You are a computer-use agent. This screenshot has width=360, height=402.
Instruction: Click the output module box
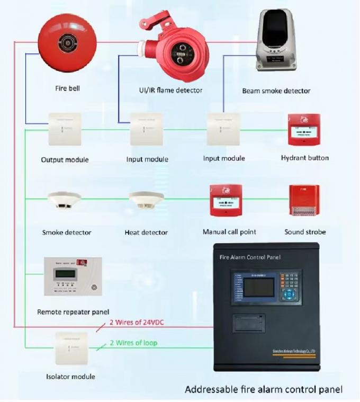click(x=65, y=129)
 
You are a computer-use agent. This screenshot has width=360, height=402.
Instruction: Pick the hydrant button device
click(x=304, y=130)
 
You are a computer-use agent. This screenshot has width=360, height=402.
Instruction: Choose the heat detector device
click(x=146, y=200)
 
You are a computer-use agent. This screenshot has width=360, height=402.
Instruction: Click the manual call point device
click(x=226, y=200)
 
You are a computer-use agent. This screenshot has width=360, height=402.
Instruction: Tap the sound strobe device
click(x=304, y=200)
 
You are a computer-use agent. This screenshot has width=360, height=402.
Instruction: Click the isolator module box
click(x=71, y=348)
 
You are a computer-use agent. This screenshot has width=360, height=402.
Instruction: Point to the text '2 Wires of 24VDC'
click(x=138, y=322)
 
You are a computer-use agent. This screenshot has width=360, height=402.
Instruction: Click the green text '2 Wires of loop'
click(x=133, y=343)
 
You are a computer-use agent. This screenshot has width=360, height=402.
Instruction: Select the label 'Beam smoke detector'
click(x=276, y=91)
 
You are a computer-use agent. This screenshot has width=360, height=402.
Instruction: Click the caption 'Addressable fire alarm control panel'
click(x=263, y=389)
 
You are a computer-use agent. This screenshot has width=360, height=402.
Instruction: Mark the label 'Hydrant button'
click(x=304, y=158)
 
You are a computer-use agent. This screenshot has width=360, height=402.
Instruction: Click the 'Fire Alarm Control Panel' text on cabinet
click(x=250, y=257)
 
